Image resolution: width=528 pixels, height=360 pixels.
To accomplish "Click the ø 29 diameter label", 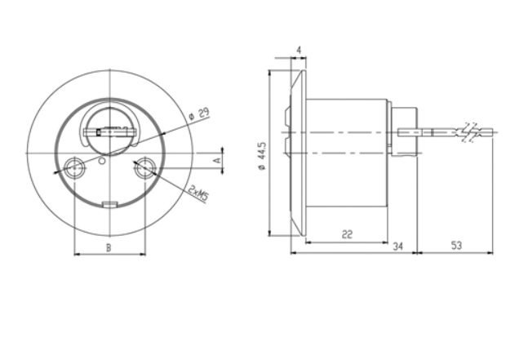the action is [x=199, y=113].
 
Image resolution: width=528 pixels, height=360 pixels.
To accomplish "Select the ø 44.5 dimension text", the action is [x=262, y=156].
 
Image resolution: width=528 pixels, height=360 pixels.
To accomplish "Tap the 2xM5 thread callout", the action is [x=197, y=193].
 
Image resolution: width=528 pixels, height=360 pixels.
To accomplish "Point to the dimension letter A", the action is [x=218, y=160].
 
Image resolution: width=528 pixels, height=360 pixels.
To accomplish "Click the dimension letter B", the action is [x=109, y=248].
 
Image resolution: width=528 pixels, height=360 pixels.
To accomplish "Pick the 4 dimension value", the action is [x=299, y=50].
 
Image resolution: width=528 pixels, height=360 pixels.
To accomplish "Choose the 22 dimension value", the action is [x=347, y=234].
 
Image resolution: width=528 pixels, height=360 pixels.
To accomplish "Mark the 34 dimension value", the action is [x=398, y=247].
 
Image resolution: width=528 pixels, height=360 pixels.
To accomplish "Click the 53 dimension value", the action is [x=456, y=246].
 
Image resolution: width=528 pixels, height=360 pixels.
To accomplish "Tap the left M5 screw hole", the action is [x=74, y=167].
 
